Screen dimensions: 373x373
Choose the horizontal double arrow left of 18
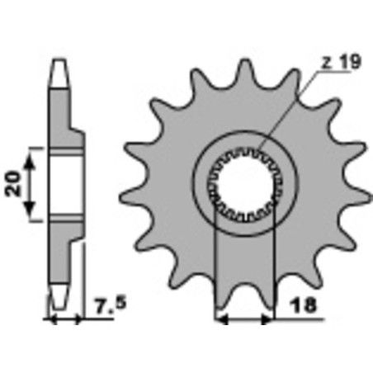point(243,316)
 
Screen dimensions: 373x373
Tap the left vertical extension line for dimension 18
point(215,264)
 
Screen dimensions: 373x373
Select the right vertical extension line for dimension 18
point(272,264)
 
